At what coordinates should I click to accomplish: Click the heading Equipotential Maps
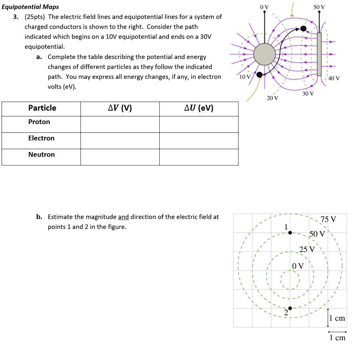(x=30, y=7)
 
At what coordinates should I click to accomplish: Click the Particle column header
(x=42, y=108)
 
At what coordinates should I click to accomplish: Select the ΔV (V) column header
(x=120, y=108)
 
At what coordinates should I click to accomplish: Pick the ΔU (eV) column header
(x=199, y=108)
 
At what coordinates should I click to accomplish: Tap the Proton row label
(x=39, y=122)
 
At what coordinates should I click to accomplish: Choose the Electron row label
(x=41, y=138)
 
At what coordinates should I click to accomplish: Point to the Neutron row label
(x=41, y=154)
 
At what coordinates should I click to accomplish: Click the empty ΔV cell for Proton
(x=120, y=124)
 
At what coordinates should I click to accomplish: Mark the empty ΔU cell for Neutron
(x=199, y=157)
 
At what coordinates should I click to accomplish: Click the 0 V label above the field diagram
(x=264, y=6)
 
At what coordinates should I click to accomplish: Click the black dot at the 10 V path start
(x=259, y=74)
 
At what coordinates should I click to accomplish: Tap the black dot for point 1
(x=290, y=233)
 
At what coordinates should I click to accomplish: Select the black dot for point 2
(x=290, y=308)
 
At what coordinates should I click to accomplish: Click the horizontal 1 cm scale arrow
(x=337, y=332)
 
